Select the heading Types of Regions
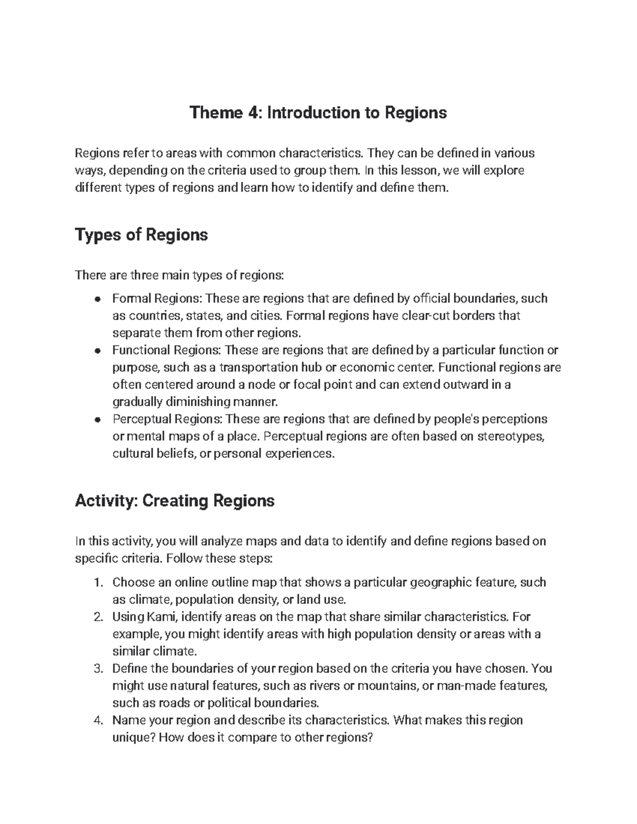(141, 235)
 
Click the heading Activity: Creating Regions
(175, 500)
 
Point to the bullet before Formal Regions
(97, 299)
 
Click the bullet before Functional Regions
(97, 351)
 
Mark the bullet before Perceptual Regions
(97, 420)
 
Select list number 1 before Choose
(97, 583)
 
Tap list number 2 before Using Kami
(97, 617)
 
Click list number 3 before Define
(97, 669)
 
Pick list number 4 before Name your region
(97, 721)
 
